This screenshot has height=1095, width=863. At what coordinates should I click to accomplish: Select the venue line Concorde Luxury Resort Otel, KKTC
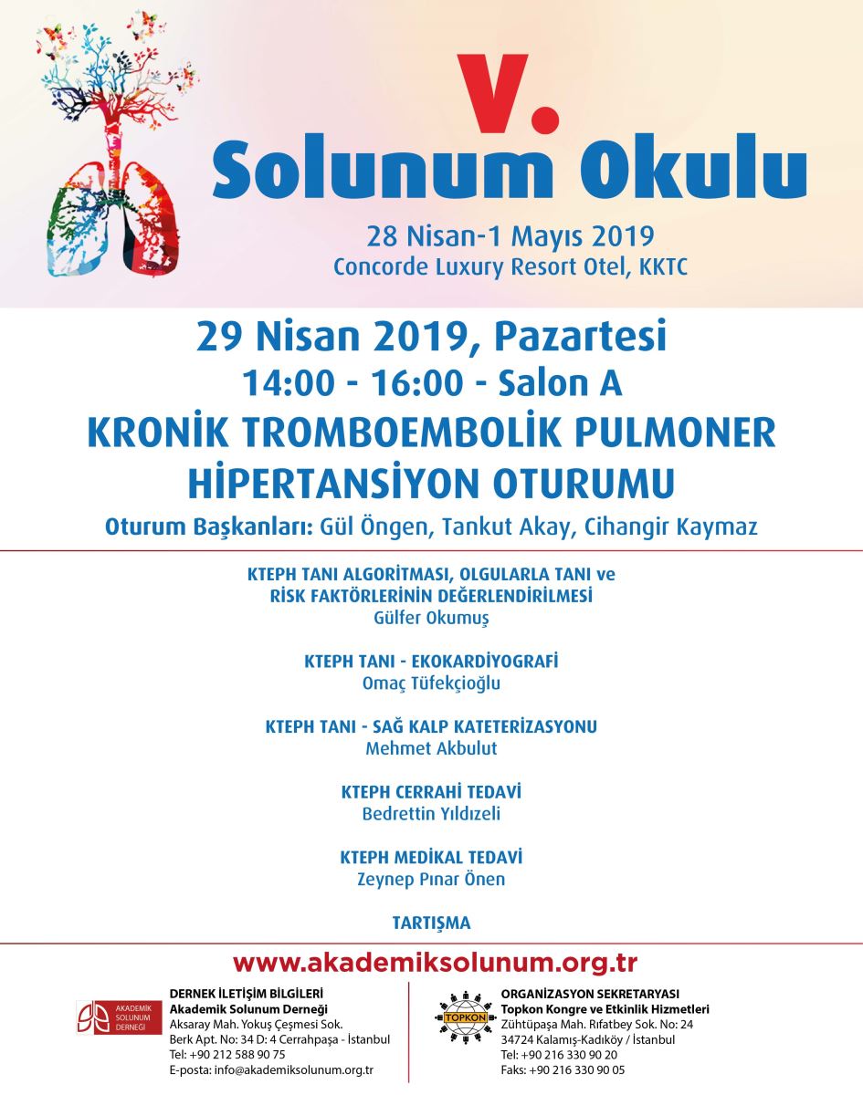click(x=510, y=268)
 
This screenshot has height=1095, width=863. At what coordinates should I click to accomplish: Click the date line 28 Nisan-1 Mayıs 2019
click(x=510, y=236)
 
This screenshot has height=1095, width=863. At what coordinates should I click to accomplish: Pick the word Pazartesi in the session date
click(x=581, y=337)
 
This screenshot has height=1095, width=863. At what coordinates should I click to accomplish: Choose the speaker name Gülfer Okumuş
click(x=431, y=619)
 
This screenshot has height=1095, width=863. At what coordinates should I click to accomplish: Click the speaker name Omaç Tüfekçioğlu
click(x=431, y=683)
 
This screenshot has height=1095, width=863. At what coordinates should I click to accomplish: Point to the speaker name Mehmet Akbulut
click(x=431, y=749)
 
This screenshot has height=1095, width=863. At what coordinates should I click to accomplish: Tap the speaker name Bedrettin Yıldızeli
click(x=431, y=814)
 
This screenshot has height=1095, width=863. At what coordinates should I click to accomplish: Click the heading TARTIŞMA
click(x=431, y=923)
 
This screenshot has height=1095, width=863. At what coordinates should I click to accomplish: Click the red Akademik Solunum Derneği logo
click(x=119, y=1017)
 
